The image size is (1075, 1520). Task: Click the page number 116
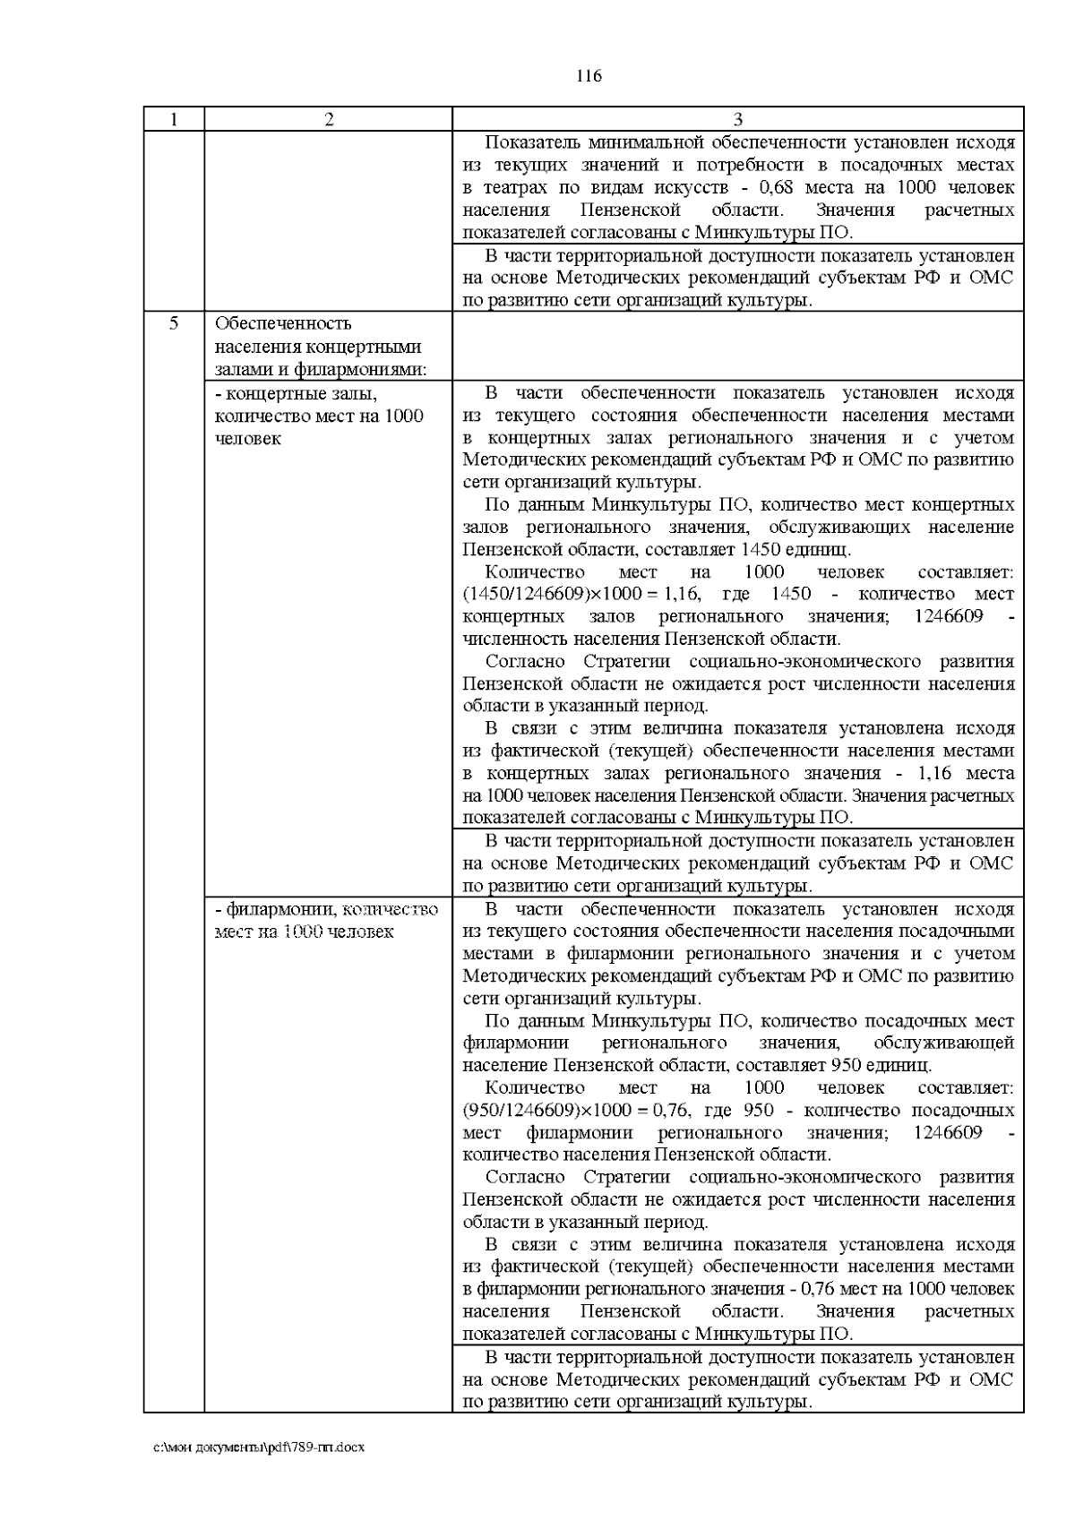tap(589, 76)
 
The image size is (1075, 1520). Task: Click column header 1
tap(174, 120)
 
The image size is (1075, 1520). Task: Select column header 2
tap(329, 120)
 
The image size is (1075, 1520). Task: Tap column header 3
tap(737, 120)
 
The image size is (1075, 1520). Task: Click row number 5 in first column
tap(174, 323)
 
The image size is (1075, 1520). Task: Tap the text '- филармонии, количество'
tap(327, 910)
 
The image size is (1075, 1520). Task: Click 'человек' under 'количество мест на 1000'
tap(248, 439)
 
